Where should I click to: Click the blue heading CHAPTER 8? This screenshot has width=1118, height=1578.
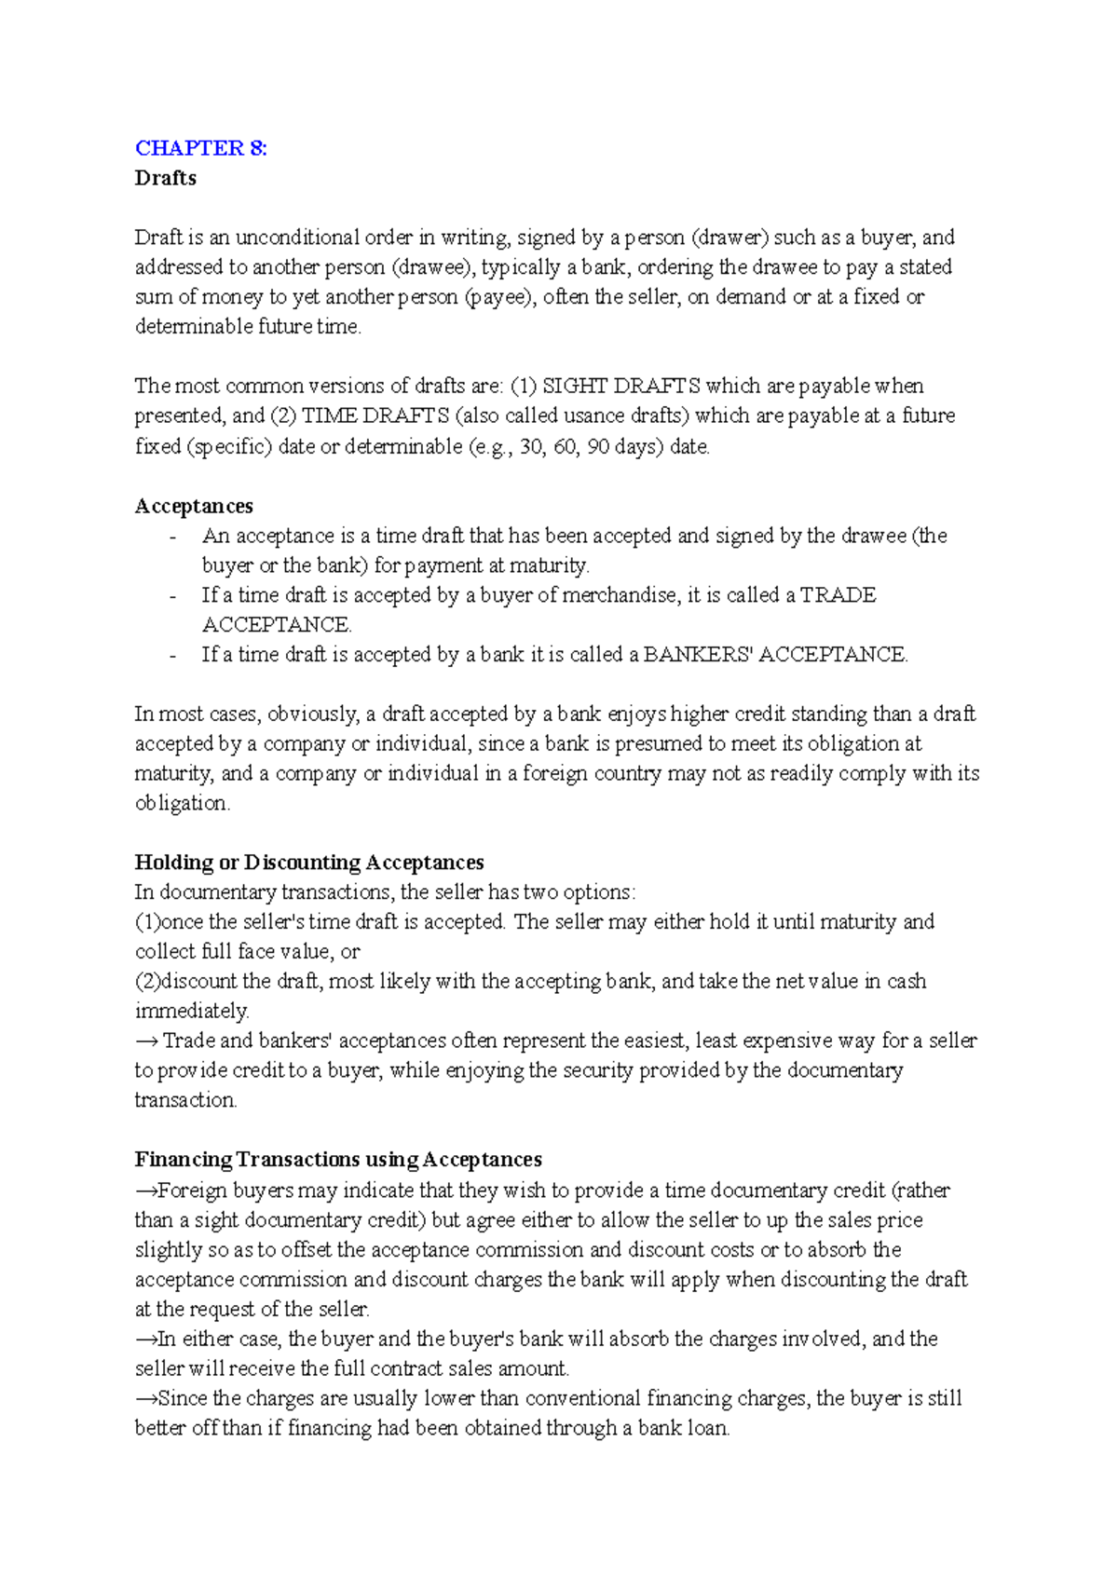pos(200,148)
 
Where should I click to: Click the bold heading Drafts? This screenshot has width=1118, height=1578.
pos(165,178)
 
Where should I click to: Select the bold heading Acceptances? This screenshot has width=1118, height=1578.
pos(194,506)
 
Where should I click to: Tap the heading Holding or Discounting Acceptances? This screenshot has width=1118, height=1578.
pos(309,863)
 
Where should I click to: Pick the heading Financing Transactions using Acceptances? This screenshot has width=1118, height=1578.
pos(338,1160)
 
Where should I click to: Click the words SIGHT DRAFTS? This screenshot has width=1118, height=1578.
pos(620,386)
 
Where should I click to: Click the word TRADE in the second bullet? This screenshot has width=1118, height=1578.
pos(838,595)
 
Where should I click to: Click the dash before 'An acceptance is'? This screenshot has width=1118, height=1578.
pos(172,537)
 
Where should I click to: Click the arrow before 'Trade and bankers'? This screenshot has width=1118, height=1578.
pos(146,1041)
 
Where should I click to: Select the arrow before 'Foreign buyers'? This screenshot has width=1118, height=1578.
pos(145,1190)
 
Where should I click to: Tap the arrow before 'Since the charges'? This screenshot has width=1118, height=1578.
pos(145,1398)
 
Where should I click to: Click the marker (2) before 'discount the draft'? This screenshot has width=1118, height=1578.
pos(147,981)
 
